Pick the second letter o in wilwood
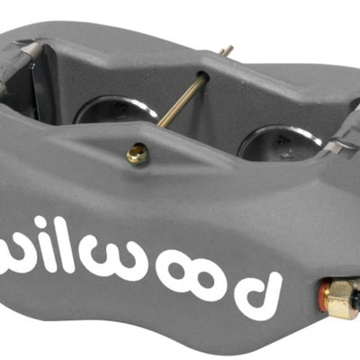click(209, 283)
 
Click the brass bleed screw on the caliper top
click(137, 155)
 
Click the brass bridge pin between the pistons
click(180, 101)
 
